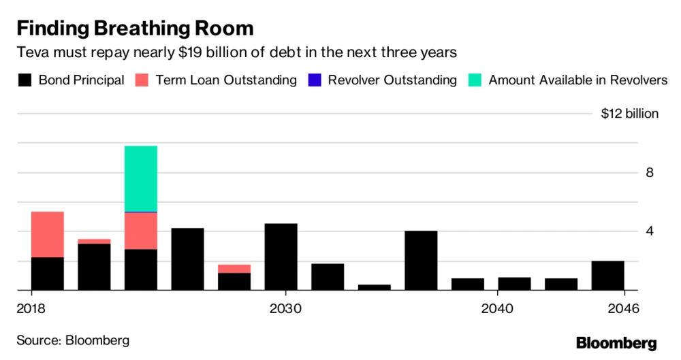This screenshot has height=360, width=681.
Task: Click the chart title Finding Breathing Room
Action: click(x=135, y=29)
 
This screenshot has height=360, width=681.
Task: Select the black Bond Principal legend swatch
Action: click(x=25, y=80)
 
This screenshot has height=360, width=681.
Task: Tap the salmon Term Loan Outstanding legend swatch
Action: click(x=142, y=80)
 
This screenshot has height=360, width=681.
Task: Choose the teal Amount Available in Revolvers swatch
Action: click(x=475, y=80)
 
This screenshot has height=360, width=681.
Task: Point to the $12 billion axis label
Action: click(x=629, y=114)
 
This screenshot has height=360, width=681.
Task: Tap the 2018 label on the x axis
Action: click(x=31, y=308)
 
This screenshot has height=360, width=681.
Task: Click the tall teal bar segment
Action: click(x=141, y=178)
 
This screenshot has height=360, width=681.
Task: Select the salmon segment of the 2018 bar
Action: click(x=48, y=234)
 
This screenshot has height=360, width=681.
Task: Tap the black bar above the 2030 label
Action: click(x=281, y=257)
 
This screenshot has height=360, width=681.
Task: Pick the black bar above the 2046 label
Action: click(x=607, y=275)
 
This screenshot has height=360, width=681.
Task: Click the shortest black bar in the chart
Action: click(x=375, y=287)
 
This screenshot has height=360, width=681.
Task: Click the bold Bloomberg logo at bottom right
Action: click(x=616, y=342)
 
